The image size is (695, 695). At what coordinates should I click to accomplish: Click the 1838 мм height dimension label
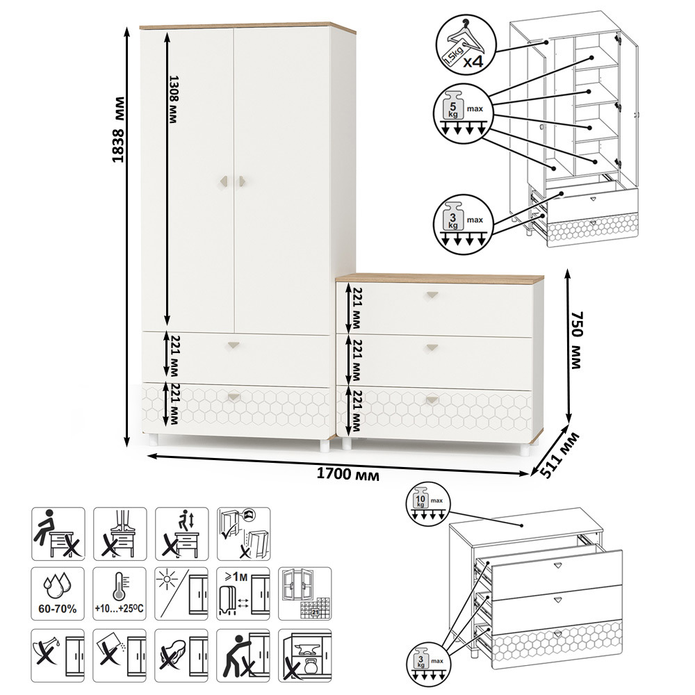coord(118,129)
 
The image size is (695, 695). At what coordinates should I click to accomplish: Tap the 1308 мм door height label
coord(174,99)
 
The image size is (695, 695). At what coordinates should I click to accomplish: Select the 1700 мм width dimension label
coord(348,474)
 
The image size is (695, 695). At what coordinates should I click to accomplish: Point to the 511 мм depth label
coord(559,455)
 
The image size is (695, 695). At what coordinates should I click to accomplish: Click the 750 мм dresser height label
coord(577,340)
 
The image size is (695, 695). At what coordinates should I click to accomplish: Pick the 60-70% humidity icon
coord(58,594)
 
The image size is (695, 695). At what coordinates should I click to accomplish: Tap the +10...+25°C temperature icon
coord(120,594)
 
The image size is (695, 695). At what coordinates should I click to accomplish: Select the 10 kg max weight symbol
coord(428,503)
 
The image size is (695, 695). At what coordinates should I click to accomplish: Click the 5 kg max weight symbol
coord(464,113)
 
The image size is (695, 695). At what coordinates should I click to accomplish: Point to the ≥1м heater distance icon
coord(243,594)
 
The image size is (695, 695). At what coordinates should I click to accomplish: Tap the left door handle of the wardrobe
coord(224,181)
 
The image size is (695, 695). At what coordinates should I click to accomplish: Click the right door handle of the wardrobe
coord(242,181)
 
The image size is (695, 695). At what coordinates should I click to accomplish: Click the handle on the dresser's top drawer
coord(432,295)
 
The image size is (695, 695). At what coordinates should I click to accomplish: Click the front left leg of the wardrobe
coord(153,440)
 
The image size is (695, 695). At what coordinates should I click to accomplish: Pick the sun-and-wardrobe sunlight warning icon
coord(181,594)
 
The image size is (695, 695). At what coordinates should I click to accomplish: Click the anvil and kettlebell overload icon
coord(305,655)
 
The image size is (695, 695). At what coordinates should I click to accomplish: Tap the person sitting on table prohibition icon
coord(58,534)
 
